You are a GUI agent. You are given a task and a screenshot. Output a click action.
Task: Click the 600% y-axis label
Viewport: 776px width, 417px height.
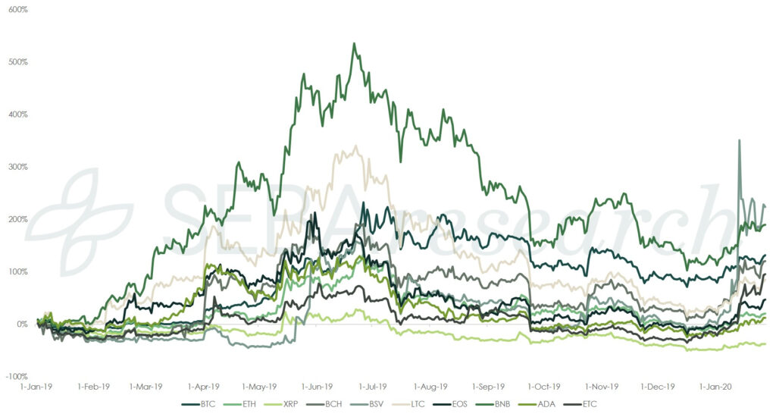[17, 10]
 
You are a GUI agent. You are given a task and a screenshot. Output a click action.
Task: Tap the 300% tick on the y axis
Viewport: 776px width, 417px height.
[17, 167]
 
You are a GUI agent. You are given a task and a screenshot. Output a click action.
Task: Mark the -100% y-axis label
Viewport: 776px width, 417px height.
[17, 376]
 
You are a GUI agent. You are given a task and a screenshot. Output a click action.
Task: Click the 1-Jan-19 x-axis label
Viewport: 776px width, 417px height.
[36, 385]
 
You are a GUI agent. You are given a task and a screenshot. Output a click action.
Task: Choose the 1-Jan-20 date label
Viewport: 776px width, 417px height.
[715, 385]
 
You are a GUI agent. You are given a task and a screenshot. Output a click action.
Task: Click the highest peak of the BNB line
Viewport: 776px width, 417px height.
[354, 43]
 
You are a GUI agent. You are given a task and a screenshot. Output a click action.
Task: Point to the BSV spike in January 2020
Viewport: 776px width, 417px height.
[739, 140]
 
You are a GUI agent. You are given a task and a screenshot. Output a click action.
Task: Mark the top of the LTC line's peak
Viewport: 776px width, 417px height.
[356, 146]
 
